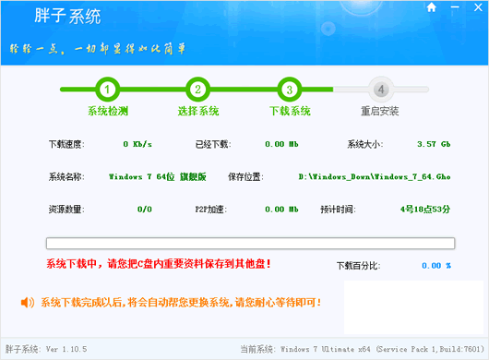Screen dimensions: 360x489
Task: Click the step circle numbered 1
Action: click(108, 90)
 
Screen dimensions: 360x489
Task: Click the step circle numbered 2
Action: click(197, 90)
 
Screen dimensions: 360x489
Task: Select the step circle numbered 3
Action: click(289, 90)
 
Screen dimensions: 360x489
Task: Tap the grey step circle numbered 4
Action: click(379, 90)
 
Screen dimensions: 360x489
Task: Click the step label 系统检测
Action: click(108, 112)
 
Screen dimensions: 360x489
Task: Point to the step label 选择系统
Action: click(198, 112)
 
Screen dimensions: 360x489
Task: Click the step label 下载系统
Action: click(289, 112)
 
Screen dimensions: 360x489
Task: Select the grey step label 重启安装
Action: click(379, 112)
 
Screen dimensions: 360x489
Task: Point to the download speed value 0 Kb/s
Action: click(137, 144)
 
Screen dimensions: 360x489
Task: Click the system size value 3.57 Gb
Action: click(433, 144)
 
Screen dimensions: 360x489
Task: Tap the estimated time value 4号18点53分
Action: click(425, 209)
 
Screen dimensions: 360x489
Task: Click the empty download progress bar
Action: click(249, 245)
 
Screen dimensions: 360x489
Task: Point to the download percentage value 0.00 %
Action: click(435, 265)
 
